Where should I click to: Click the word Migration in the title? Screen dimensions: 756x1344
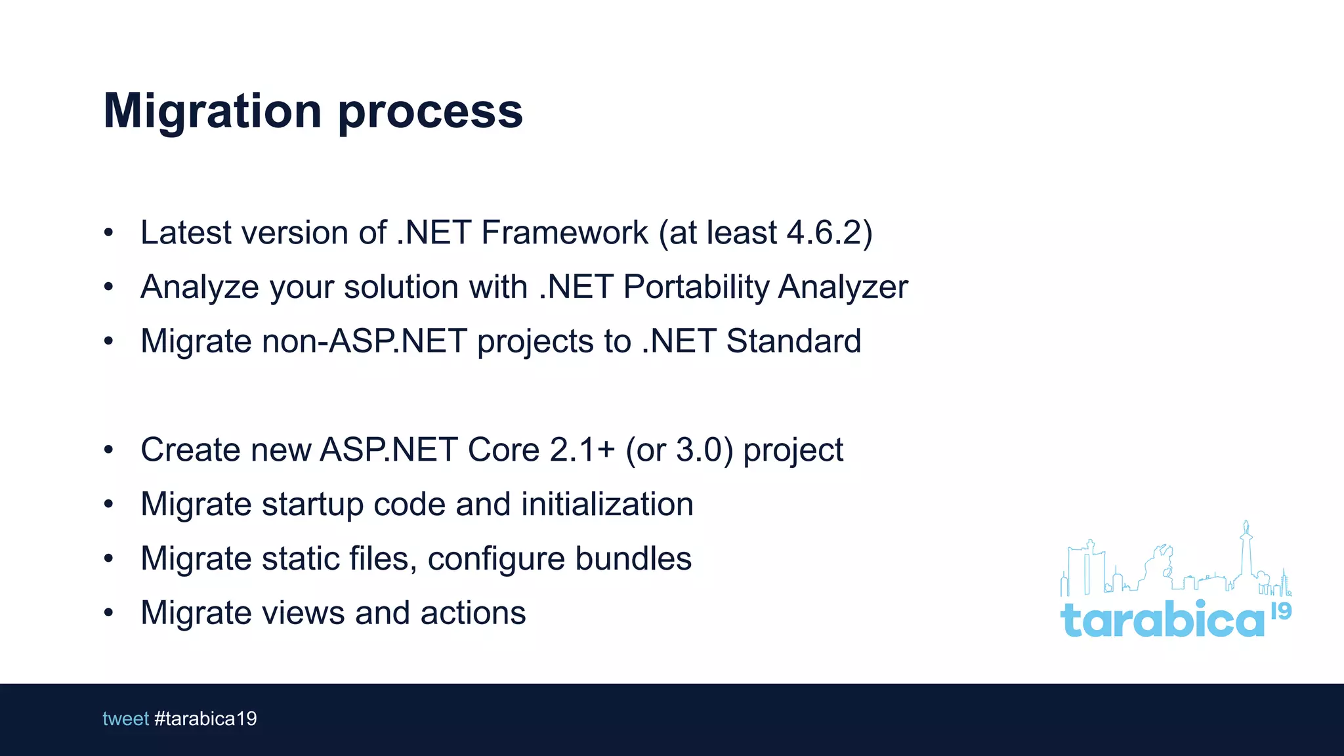[213, 112]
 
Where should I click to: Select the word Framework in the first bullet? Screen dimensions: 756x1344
[564, 232]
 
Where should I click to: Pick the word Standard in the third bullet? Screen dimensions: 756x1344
[793, 341]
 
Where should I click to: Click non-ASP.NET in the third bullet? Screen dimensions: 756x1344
[364, 341]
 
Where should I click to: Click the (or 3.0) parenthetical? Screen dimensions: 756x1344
[679, 450]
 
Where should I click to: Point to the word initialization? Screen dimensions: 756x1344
[607, 504]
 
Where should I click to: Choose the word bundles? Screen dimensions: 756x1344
[633, 558]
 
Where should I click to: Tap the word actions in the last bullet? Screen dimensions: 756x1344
[473, 613]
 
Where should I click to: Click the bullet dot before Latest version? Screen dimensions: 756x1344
[109, 233]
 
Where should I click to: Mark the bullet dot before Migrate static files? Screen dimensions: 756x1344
[109, 559]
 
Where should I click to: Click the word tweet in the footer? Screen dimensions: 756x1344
[125, 719]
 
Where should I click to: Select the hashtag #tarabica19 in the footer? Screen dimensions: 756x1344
[205, 719]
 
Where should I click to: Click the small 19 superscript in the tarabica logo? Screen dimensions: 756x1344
[1281, 611]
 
